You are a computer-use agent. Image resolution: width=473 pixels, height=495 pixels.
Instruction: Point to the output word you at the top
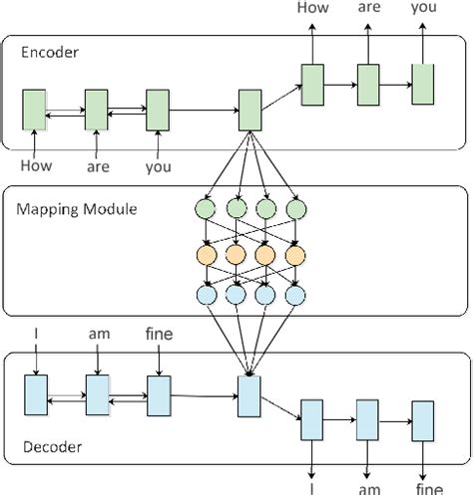pyautogui.click(x=424, y=8)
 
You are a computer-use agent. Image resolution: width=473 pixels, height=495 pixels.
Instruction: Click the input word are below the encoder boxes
pyautogui.click(x=97, y=168)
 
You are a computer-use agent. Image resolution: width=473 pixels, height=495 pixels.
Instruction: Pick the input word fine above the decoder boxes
pyautogui.click(x=160, y=336)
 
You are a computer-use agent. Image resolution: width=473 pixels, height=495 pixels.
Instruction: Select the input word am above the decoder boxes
pyautogui.click(x=97, y=336)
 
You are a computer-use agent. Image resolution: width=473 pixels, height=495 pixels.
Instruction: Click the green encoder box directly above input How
pyautogui.click(x=35, y=108)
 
